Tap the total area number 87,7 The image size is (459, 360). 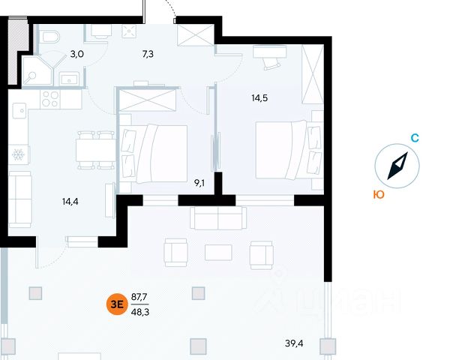(139, 297)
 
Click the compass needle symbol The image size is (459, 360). (397, 167)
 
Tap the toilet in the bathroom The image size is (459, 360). (49, 38)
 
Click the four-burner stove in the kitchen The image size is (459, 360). (50, 98)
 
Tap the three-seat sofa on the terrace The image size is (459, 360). (217, 218)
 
